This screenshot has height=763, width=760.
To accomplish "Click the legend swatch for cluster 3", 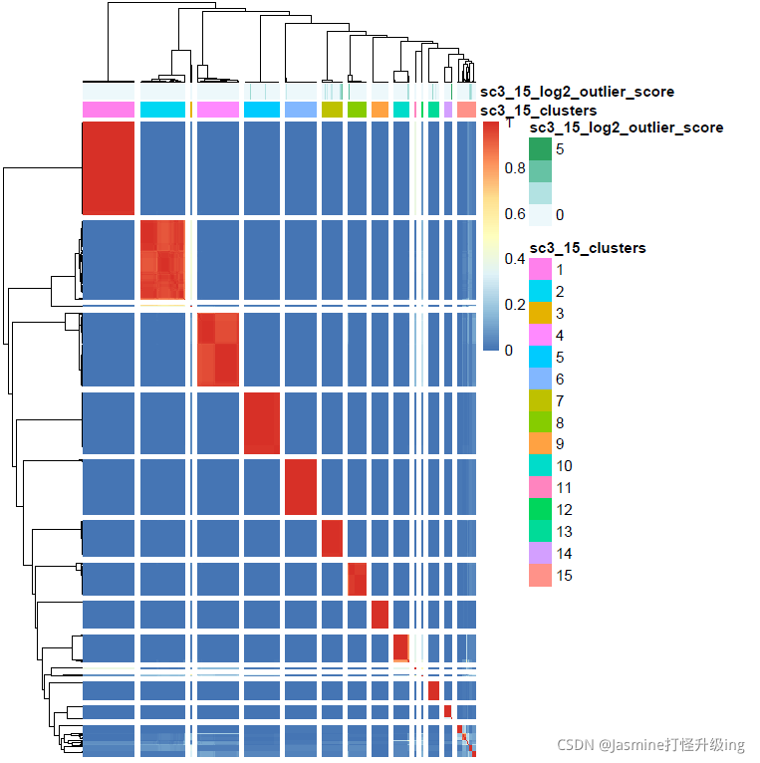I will coord(540,314).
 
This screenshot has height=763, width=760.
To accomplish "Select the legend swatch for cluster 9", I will coord(540,444).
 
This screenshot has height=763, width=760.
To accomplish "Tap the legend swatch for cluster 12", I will coord(540,510).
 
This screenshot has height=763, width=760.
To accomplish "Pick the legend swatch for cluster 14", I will coord(540,554).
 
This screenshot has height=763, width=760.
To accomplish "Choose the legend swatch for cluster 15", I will coord(540,576).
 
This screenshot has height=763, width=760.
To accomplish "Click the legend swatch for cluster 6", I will coord(540,380).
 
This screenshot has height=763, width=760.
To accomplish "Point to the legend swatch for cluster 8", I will coord(540,422).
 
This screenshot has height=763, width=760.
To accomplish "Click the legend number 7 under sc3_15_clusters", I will coord(560,401).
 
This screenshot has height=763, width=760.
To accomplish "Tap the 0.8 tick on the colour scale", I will coord(515,168).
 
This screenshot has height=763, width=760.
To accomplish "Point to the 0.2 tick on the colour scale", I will coord(515,305).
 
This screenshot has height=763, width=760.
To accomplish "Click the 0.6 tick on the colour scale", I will coord(515,214).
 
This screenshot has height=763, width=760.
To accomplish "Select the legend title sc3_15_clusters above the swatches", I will coord(588,248).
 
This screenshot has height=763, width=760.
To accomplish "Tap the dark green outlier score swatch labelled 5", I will coord(540,149).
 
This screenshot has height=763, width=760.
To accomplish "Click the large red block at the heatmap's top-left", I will coord(108,167).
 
